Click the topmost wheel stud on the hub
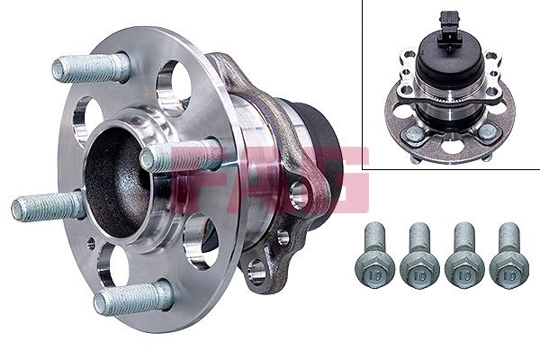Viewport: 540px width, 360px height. [x=90, y=67]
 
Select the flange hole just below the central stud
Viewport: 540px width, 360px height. [x=200, y=238]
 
